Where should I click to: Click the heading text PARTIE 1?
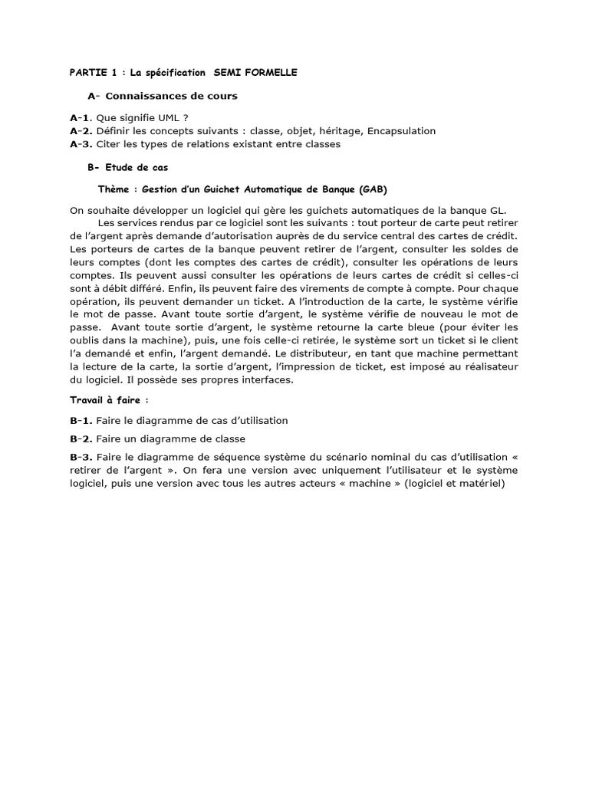(x=93, y=72)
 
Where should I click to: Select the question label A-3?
(x=81, y=143)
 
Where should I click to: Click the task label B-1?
(x=81, y=420)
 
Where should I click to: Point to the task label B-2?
(x=81, y=438)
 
